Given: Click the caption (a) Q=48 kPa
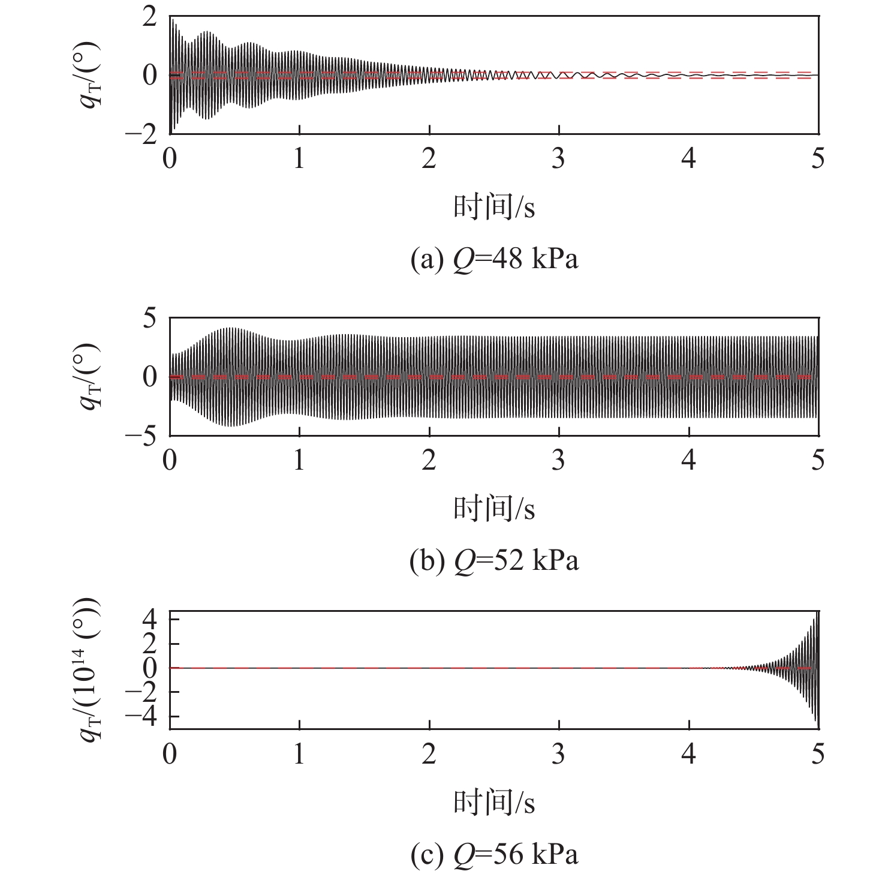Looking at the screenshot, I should click(494, 260).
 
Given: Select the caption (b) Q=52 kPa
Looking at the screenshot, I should click(494, 561).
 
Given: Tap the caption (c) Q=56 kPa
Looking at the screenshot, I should click(494, 854).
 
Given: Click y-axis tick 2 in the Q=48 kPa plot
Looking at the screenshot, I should click(149, 17).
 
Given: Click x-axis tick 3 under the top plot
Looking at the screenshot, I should click(559, 159).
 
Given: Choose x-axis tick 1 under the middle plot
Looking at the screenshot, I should click(299, 460).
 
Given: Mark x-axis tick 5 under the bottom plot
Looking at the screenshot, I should click(818, 754).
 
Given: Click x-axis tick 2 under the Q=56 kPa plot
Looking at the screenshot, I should click(429, 754).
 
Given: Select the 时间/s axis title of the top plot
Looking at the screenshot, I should click(494, 207).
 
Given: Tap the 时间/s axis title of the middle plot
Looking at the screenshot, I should click(494, 508).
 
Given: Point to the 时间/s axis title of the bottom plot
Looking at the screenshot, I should click(494, 802).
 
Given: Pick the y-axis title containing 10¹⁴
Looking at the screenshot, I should click(90, 669).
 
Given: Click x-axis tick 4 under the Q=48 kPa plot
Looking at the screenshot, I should click(688, 159).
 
